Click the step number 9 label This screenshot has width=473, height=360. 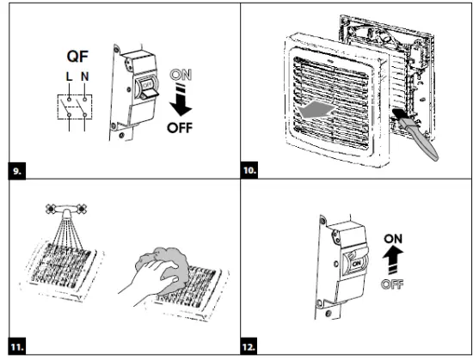(17, 171)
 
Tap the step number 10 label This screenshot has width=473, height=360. (249, 171)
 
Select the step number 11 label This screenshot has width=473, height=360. (17, 346)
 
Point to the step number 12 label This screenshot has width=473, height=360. (249, 346)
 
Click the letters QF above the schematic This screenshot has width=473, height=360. (77, 56)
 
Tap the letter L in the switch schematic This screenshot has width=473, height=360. (70, 76)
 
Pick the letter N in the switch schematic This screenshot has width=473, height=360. (85, 76)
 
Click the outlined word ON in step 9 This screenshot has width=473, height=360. (181, 75)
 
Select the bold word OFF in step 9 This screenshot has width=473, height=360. (180, 128)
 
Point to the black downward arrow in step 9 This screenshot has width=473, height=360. (181, 100)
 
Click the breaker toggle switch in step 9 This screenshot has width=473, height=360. (147, 89)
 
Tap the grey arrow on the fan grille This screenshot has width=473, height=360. (316, 110)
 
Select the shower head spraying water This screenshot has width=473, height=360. (66, 210)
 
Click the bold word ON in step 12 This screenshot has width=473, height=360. (393, 239)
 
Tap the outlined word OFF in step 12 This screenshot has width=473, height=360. (392, 284)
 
